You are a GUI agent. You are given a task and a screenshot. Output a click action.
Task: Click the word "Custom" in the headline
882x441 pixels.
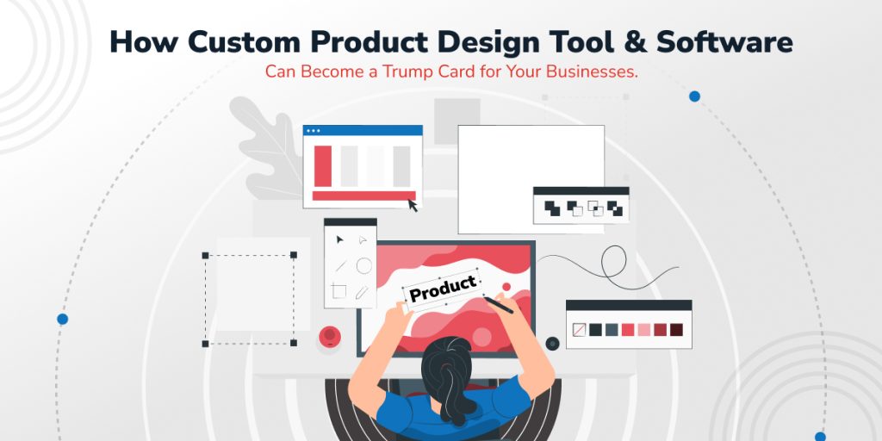point(244,42)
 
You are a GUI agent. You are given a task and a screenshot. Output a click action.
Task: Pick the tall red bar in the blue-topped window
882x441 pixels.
point(323,166)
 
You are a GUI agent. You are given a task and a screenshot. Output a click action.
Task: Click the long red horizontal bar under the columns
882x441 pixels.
point(364,196)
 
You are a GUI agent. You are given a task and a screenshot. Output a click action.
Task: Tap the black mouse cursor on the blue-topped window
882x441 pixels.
point(413,205)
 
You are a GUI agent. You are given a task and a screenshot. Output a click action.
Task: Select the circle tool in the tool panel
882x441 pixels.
point(364,265)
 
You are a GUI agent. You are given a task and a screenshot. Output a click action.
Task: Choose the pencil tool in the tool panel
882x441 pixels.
point(362,292)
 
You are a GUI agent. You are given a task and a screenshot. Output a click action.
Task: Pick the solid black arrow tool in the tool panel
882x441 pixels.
point(339,239)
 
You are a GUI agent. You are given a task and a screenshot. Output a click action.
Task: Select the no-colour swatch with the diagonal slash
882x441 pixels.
point(579,330)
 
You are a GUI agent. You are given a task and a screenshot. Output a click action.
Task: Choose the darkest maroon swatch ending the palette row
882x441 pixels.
point(677,330)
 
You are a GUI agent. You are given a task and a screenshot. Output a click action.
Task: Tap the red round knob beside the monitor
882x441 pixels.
point(330,337)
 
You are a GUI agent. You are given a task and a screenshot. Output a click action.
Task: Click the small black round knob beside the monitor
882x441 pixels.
point(552,343)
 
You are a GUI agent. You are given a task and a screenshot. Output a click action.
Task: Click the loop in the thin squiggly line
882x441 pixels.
point(613,261)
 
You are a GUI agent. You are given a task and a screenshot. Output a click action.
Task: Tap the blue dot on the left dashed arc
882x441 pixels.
point(62,319)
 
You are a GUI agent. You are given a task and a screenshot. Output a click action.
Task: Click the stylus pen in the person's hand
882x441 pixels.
point(499,306)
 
